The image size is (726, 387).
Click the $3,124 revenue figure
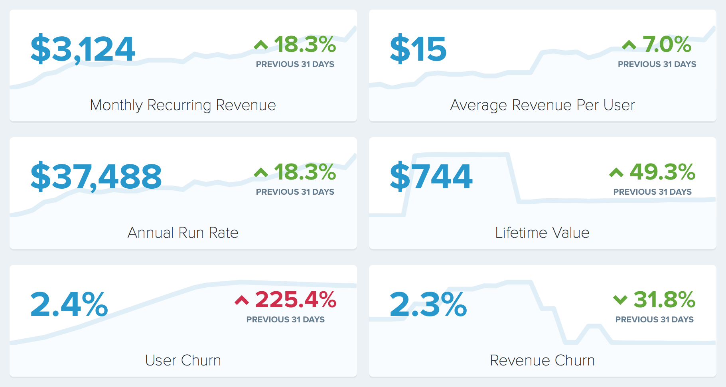(83, 49)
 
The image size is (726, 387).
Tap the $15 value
(418, 49)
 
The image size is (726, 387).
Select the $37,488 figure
(96, 177)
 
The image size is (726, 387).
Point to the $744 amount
(431, 177)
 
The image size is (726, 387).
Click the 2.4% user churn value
(69, 304)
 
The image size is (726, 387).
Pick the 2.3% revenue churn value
(428, 304)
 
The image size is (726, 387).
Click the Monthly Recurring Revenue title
(183, 105)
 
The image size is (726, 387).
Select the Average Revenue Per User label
(542, 105)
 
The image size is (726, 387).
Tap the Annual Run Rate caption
(183, 233)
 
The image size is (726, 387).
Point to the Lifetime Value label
(542, 233)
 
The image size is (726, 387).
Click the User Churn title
(183, 361)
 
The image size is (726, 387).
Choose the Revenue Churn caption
(542, 361)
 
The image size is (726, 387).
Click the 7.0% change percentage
(667, 44)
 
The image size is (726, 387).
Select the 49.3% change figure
(662, 172)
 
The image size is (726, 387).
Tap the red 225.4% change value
(296, 300)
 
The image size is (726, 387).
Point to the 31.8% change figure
(664, 300)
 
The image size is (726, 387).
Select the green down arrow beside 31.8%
(620, 300)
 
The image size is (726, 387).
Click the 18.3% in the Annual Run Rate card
(305, 172)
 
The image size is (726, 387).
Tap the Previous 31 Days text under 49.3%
(652, 192)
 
